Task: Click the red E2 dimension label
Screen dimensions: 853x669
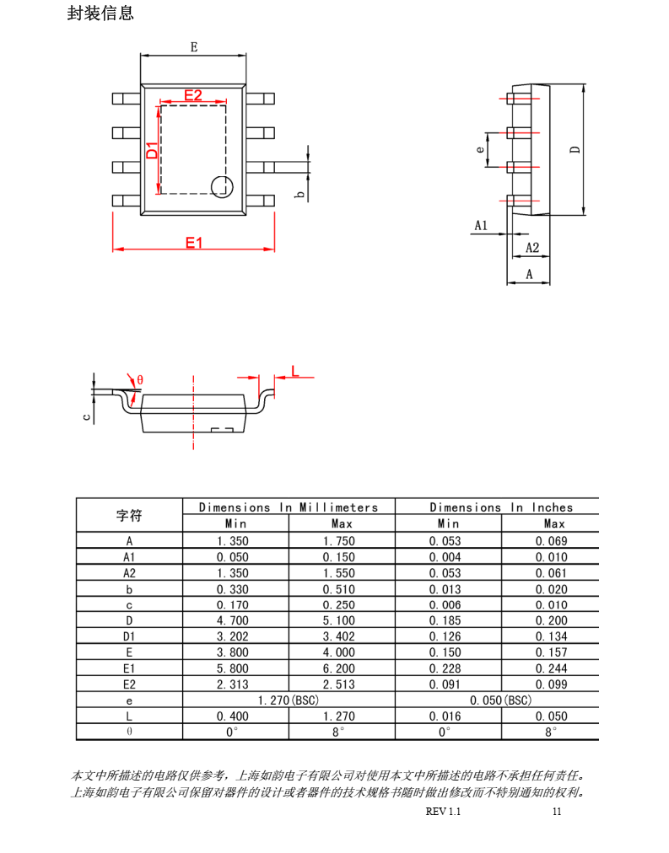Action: click(x=193, y=95)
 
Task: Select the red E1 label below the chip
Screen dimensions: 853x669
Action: click(x=194, y=243)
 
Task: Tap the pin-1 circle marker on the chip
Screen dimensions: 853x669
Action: click(x=221, y=187)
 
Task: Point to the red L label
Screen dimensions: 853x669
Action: click(x=294, y=371)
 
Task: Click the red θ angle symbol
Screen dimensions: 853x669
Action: click(x=140, y=380)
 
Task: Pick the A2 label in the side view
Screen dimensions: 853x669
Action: click(x=531, y=248)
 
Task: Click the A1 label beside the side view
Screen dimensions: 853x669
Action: click(x=481, y=226)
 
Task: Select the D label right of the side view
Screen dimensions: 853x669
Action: click(x=575, y=149)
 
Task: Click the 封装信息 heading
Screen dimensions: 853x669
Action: click(x=100, y=13)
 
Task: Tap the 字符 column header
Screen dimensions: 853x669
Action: click(x=129, y=515)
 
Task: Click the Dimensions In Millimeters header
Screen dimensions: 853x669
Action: click(x=289, y=507)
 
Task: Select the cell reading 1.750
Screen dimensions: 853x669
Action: click(x=341, y=541)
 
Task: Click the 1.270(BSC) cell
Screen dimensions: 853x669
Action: click(x=288, y=700)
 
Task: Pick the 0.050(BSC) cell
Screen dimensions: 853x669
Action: click(x=500, y=700)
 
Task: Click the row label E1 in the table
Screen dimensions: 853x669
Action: click(x=129, y=668)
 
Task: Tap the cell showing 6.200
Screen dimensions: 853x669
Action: click(x=341, y=668)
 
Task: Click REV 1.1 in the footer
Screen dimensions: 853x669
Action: click(x=444, y=812)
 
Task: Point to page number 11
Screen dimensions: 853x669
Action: click(x=556, y=812)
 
